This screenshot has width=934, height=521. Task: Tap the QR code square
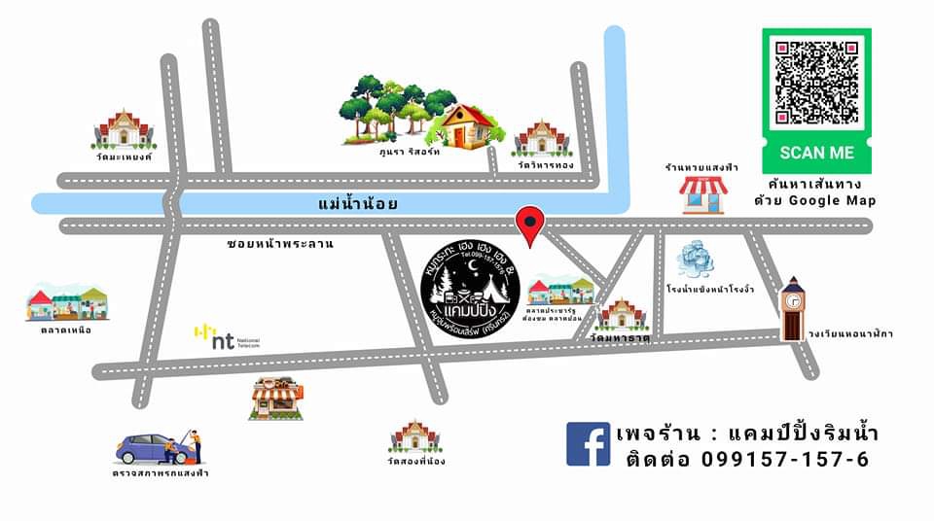point(816,83)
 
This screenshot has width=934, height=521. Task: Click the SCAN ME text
point(816,153)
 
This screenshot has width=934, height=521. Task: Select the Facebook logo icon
point(588,443)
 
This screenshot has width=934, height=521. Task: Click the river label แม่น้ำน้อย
point(358,204)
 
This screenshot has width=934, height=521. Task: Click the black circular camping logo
point(470,282)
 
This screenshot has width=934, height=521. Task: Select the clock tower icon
point(793,309)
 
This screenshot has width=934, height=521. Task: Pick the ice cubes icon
point(697,259)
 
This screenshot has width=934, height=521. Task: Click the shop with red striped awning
point(703,193)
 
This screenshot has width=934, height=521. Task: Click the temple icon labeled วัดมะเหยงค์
point(124,130)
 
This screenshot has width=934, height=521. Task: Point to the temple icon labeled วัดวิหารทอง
point(542,138)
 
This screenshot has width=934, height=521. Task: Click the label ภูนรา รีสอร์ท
point(411,153)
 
